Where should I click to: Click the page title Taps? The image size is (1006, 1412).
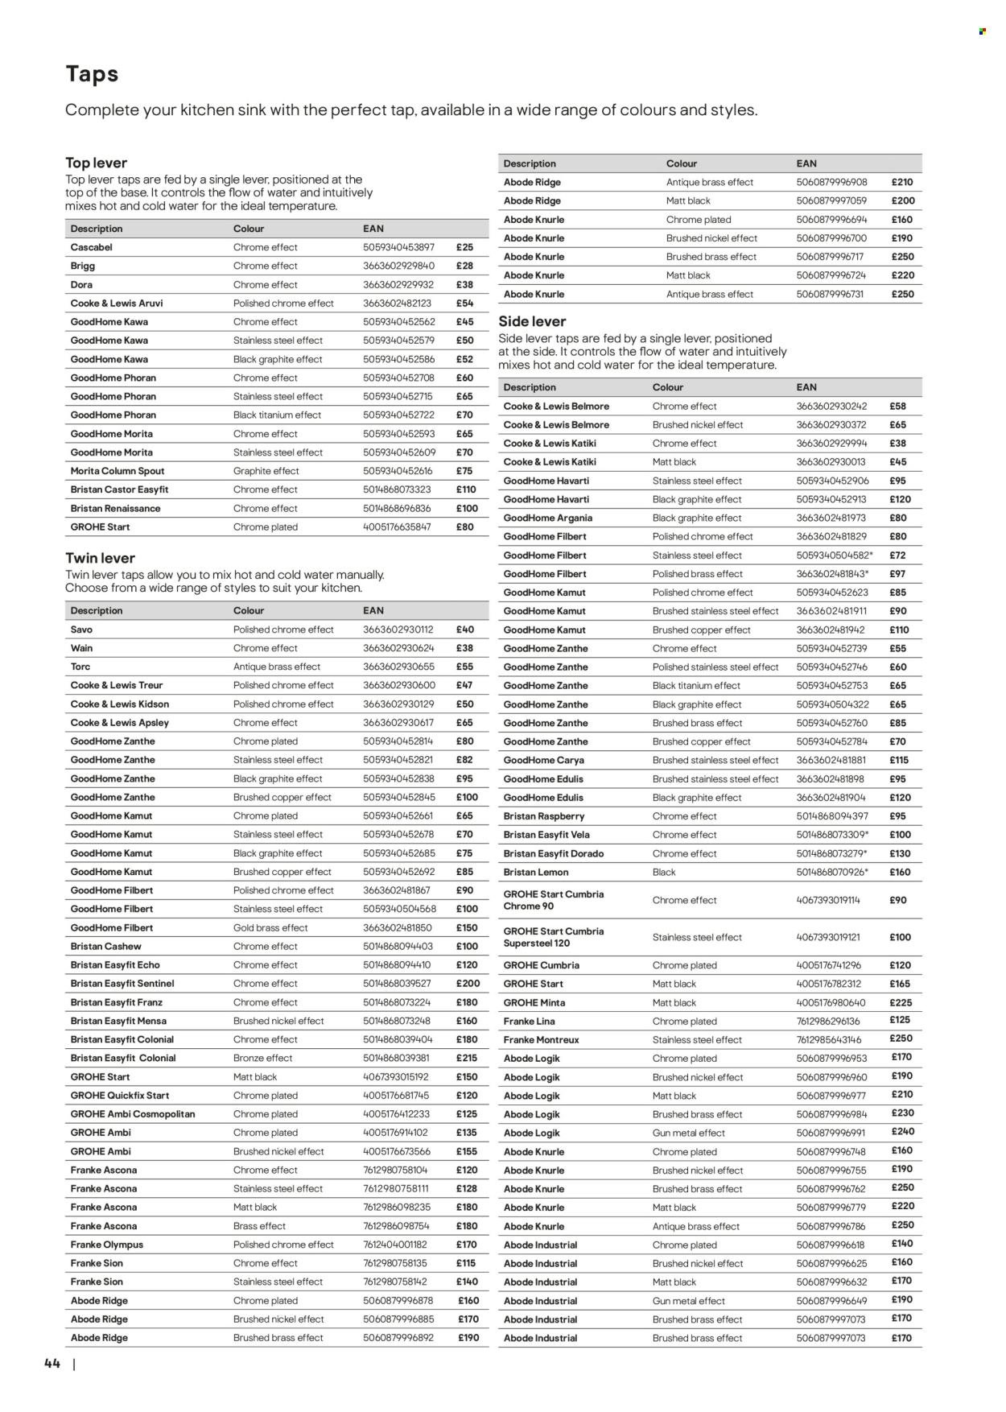point(92,74)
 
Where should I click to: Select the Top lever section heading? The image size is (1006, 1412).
point(96,163)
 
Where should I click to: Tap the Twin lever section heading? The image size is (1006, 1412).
point(100,558)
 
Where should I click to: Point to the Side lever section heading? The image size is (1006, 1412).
point(532,321)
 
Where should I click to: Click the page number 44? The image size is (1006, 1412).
point(52,1363)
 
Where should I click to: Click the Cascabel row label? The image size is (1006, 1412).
point(91,247)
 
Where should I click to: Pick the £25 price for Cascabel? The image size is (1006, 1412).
point(464,247)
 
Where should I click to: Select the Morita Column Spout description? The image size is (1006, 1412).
point(118,471)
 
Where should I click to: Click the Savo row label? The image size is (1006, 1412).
point(81,630)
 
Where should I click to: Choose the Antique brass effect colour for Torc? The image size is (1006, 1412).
point(276,667)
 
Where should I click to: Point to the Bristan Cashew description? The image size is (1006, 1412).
point(105,947)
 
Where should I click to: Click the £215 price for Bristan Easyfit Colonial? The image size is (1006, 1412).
point(466,1058)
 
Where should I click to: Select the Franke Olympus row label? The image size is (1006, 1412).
point(107,1245)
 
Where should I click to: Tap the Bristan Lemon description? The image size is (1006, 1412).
point(535,872)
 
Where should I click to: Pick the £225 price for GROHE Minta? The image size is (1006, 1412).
point(900,1002)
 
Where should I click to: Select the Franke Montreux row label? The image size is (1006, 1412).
point(541,1039)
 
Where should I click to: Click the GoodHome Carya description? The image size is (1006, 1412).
point(543,760)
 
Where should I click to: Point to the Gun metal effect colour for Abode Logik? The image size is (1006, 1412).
point(688,1133)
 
